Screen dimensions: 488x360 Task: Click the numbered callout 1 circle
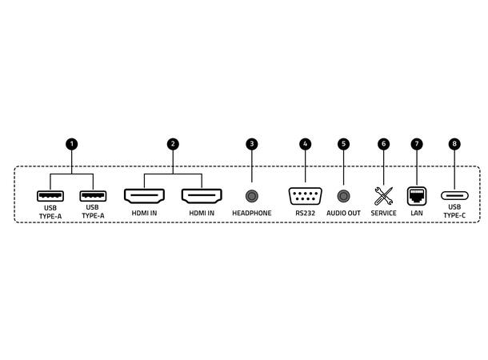pyautogui.click(x=72, y=144)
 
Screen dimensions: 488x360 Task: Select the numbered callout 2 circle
pyautogui.click(x=173, y=144)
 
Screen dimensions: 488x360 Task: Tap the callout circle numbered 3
pyautogui.click(x=252, y=144)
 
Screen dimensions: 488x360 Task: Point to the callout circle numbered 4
pyautogui.click(x=306, y=144)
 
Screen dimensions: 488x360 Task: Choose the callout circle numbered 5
pyautogui.click(x=343, y=144)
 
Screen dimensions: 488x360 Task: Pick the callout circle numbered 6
pyautogui.click(x=383, y=144)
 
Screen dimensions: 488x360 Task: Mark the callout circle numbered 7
pyautogui.click(x=417, y=144)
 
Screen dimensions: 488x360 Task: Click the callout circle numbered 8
pyautogui.click(x=454, y=144)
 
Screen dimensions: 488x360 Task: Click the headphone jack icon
pyautogui.click(x=252, y=196)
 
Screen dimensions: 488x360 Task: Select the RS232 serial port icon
pyautogui.click(x=306, y=196)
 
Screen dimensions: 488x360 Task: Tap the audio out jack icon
pyautogui.click(x=343, y=196)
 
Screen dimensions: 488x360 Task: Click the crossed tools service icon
pyautogui.click(x=383, y=196)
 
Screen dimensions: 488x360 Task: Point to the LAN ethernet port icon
pyautogui.click(x=417, y=196)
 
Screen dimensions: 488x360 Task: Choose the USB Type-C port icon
pyautogui.click(x=454, y=195)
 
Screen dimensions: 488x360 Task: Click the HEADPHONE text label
pyautogui.click(x=252, y=213)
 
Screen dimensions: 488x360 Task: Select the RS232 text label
pyautogui.click(x=306, y=213)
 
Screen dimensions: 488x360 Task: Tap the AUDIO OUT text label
pyautogui.click(x=343, y=213)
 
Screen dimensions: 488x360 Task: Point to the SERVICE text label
pyautogui.click(x=383, y=213)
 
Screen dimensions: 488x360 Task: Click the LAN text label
pyautogui.click(x=417, y=213)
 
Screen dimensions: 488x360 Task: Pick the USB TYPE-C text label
pyautogui.click(x=454, y=211)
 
